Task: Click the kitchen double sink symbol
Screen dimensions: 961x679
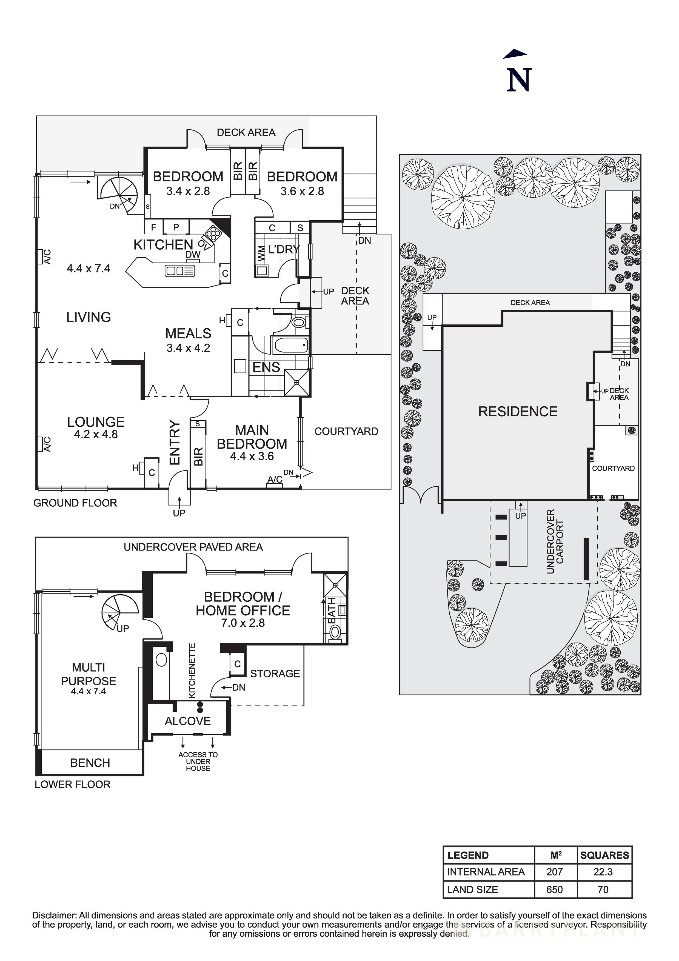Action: coord(180,271)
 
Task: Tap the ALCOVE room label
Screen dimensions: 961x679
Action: coord(187,721)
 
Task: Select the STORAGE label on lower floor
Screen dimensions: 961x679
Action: coord(275,674)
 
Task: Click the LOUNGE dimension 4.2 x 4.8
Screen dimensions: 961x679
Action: coord(96,434)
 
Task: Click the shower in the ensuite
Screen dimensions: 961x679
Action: coord(297,382)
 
